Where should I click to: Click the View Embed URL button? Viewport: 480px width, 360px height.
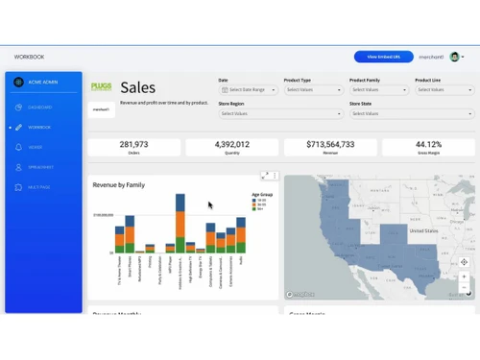click(383, 57)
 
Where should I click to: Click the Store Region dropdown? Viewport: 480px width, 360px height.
click(279, 113)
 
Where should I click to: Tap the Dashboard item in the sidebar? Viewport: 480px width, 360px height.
click(40, 107)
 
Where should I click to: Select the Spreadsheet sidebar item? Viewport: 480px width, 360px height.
click(40, 167)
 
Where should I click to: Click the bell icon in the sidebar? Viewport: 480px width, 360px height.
click(18, 147)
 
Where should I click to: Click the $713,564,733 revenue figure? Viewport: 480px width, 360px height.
click(330, 144)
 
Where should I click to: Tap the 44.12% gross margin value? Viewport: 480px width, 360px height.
click(428, 144)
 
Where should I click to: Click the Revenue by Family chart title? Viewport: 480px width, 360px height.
click(118, 184)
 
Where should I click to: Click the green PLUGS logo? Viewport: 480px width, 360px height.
click(101, 87)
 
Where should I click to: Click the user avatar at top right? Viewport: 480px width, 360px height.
click(454, 57)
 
